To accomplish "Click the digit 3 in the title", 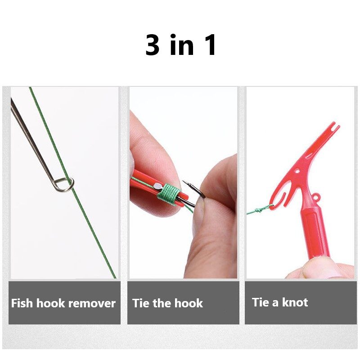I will coord(153,45).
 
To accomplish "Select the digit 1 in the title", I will coord(210,45).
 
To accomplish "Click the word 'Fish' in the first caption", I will coord(22,303).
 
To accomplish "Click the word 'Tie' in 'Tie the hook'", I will coord(141,303).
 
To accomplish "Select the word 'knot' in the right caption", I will coord(295,302).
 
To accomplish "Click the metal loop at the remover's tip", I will coord(65,184).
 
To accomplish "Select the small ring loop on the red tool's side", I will coord(316,197).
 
